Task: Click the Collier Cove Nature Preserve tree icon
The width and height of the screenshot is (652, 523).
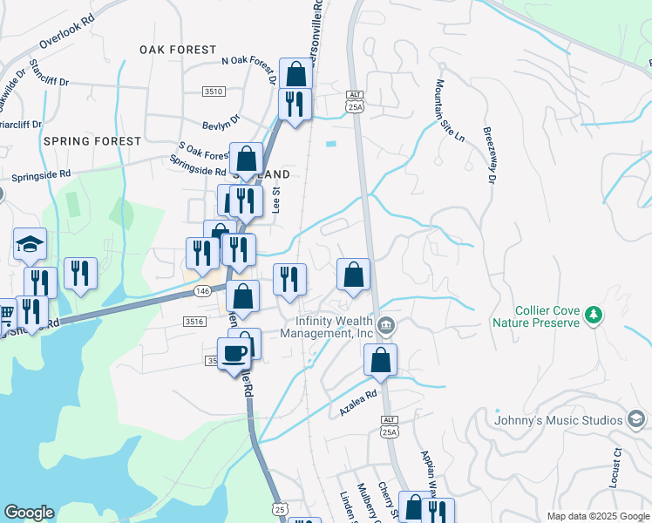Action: pyautogui.click(x=594, y=314)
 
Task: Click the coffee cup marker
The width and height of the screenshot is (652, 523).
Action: pyautogui.click(x=234, y=354)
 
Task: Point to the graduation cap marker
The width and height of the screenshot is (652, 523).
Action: pyautogui.click(x=30, y=244)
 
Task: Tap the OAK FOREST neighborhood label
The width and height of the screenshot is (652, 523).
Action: pyautogui.click(x=178, y=51)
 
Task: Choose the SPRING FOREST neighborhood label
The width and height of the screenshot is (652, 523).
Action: pyautogui.click(x=92, y=141)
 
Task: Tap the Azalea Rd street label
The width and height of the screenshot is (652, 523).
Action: pyautogui.click(x=359, y=400)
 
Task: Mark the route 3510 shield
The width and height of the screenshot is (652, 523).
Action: pyautogui.click(x=214, y=92)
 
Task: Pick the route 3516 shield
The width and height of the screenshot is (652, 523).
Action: pyautogui.click(x=194, y=322)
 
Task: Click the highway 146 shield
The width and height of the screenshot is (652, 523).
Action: pyautogui.click(x=202, y=291)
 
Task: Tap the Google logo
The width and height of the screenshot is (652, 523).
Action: pyautogui.click(x=29, y=513)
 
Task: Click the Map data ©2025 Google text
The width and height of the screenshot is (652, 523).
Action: pyautogui.click(x=597, y=516)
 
